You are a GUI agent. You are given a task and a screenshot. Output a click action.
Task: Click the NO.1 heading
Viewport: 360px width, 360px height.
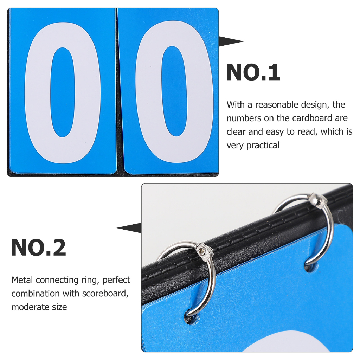pyautogui.click(x=253, y=72)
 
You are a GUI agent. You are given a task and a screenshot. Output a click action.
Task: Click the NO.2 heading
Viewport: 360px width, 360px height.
pyautogui.click(x=39, y=247)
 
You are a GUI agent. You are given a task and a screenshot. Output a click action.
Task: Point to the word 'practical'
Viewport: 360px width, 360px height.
pyautogui.click(x=263, y=146)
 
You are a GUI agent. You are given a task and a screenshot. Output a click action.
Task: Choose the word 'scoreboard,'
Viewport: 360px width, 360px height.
pyautogui.click(x=105, y=294)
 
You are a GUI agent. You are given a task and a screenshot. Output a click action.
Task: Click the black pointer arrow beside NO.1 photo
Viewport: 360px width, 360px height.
pyautogui.click(x=231, y=41)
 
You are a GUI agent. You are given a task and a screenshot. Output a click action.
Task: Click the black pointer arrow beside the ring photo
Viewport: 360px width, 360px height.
pyautogui.click(x=129, y=228)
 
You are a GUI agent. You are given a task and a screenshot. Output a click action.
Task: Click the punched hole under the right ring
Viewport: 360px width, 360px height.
pyautogui.click(x=311, y=266)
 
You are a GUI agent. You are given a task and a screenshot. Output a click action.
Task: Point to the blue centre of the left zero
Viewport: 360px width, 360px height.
pyautogui.click(x=63, y=92)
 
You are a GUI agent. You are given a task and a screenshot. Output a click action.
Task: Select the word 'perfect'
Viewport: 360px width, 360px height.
pyautogui.click(x=116, y=280)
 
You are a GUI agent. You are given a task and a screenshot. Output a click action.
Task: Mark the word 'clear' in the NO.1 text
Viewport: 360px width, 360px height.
pyautogui.click(x=236, y=132)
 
